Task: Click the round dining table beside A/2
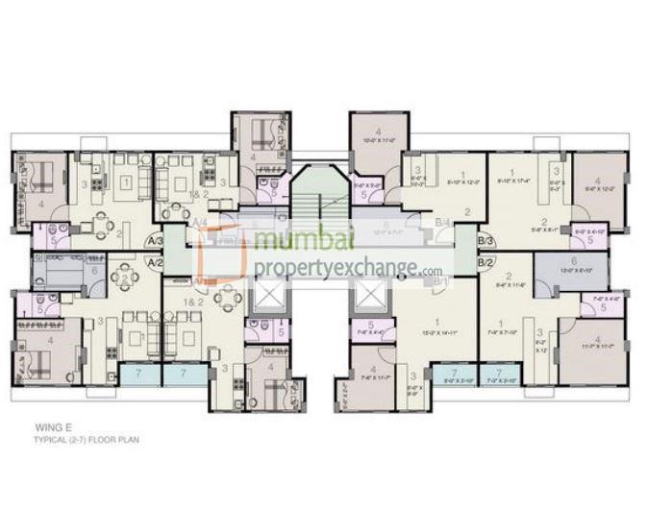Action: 125,279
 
